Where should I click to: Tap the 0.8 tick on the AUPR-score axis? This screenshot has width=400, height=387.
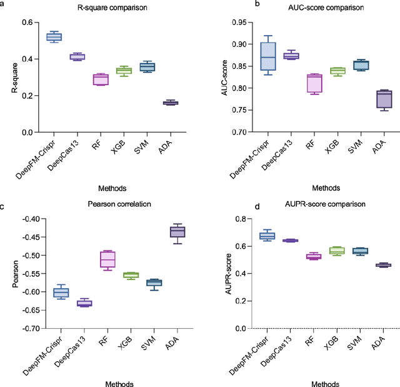[x=235, y=219]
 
